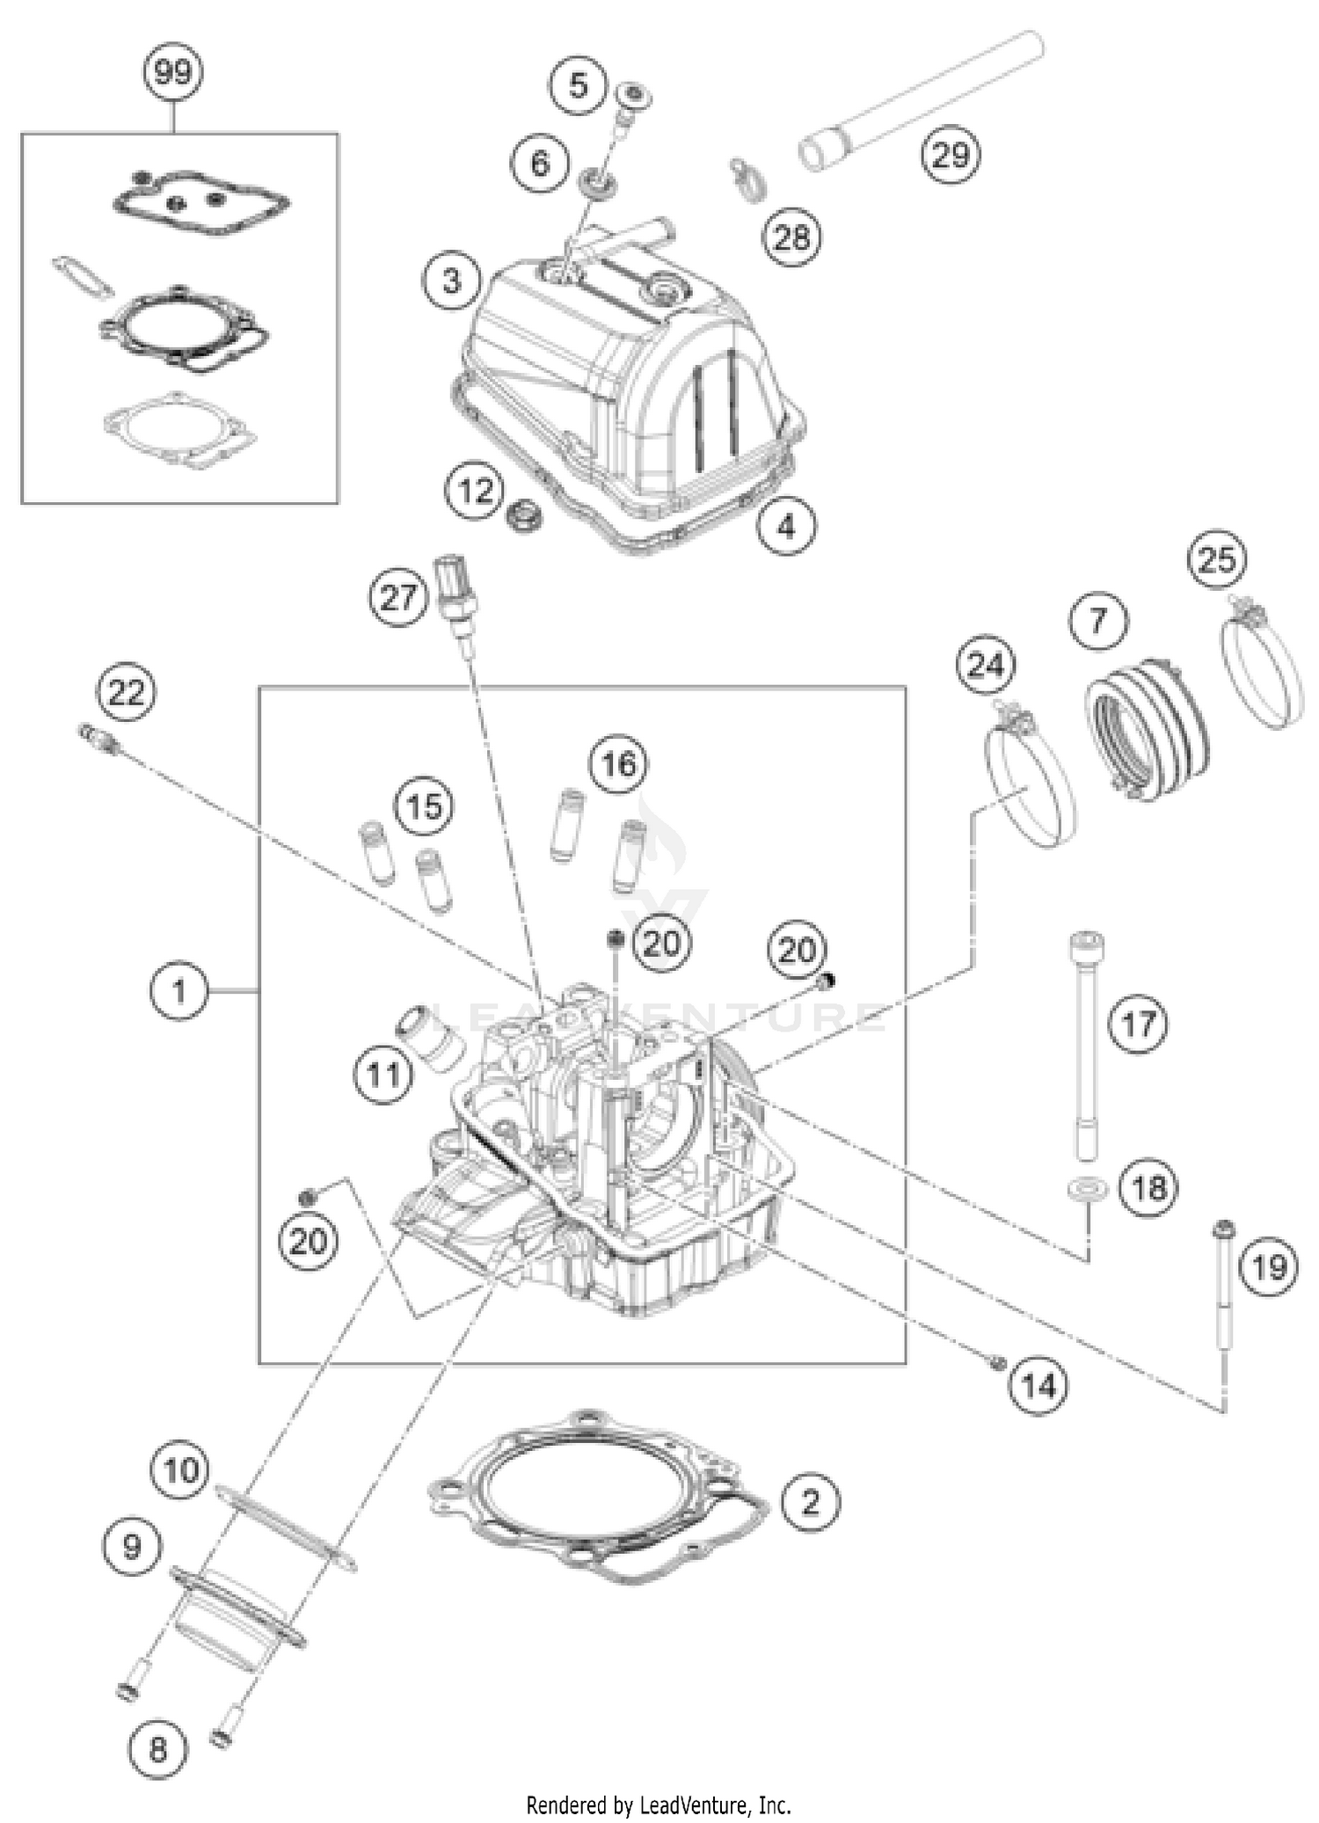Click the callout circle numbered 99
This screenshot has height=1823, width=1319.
(x=173, y=72)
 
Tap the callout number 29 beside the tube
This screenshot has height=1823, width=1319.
(x=951, y=156)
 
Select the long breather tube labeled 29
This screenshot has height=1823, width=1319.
(x=923, y=99)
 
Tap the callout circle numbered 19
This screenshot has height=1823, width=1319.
(x=1269, y=1267)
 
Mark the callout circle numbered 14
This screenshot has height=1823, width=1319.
(x=1038, y=1387)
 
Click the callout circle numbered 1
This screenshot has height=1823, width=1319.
(x=179, y=992)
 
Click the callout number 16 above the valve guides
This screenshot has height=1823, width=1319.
(x=618, y=763)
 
